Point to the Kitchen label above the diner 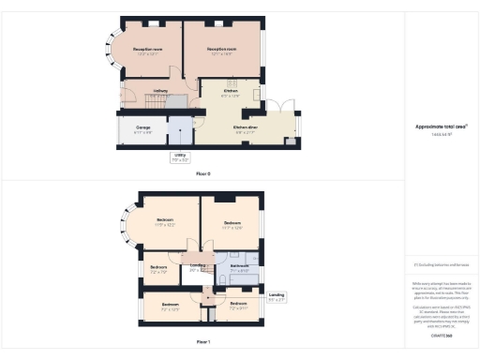coord(231,92)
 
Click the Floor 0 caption coord(203,174)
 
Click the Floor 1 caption coord(203,341)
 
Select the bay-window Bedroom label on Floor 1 coord(164,223)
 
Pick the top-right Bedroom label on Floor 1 coord(232,223)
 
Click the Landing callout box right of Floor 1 coord(277,298)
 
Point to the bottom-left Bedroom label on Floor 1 coord(170,306)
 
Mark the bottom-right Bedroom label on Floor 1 coord(239,305)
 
